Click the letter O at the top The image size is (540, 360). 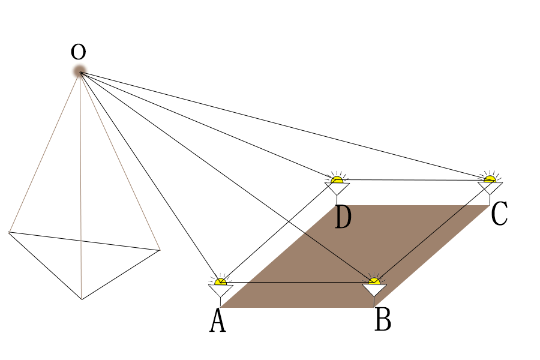pyautogui.click(x=78, y=52)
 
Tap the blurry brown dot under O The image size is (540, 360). pyautogui.click(x=79, y=72)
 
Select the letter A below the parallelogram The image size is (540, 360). pyautogui.click(x=218, y=322)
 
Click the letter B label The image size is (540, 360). pyautogui.click(x=383, y=320)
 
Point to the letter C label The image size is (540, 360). pyautogui.click(x=499, y=215)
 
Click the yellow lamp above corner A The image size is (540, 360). pyautogui.click(x=221, y=281)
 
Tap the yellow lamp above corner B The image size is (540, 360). pyautogui.click(x=374, y=281)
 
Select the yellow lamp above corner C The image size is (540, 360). pyautogui.click(x=490, y=178)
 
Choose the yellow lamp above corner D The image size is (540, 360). pyautogui.click(x=337, y=179)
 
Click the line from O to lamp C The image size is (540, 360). pyautogui.click(x=288, y=127)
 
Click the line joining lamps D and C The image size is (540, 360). pyautogui.click(x=414, y=179)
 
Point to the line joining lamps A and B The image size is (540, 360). pyautogui.click(x=297, y=282)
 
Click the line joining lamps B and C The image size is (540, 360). pyautogui.click(x=432, y=230)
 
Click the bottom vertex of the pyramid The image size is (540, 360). pyautogui.click(x=82, y=299)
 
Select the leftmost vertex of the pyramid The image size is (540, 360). pyautogui.click(x=8, y=232)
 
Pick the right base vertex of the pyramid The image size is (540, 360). pyautogui.click(x=160, y=250)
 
